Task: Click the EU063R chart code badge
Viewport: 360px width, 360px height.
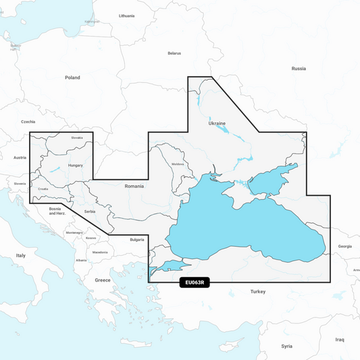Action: [x=195, y=283]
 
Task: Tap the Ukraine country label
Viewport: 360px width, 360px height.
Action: [x=217, y=124]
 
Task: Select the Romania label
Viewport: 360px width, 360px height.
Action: [x=134, y=186]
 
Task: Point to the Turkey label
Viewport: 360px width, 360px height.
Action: [x=258, y=291]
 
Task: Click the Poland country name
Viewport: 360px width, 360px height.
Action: [x=72, y=78]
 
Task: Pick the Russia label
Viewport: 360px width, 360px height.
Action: [x=299, y=69]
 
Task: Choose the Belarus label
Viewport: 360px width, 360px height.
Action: [x=175, y=53]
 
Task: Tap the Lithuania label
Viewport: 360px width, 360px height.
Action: [x=126, y=16]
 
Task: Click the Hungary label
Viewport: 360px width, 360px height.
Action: [x=76, y=165]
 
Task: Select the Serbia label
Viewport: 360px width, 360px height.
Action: [x=90, y=212]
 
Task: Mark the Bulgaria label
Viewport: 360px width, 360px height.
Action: [x=137, y=239]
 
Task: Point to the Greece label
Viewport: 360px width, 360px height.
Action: [x=103, y=280]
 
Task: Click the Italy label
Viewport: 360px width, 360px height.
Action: [x=21, y=255]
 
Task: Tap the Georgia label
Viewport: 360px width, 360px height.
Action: [x=345, y=247]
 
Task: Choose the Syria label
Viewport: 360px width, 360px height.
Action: [x=287, y=346]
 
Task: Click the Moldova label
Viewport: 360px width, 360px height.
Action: [x=178, y=164]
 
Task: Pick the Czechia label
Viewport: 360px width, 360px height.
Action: [x=28, y=122]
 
